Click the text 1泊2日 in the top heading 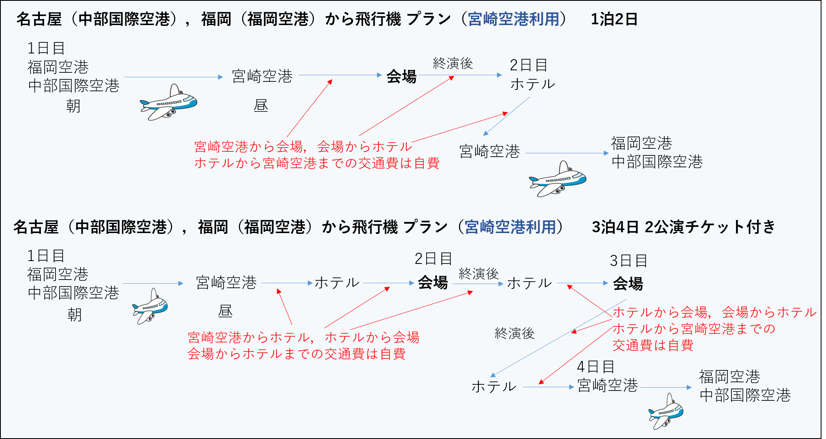coord(614,19)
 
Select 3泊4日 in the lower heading coord(615,227)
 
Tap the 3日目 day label coord(628,261)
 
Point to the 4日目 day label coord(595,366)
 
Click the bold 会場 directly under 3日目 coord(628,284)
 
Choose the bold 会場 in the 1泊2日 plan coord(401,76)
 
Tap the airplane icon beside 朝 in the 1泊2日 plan coord(169,103)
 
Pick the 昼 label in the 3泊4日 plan coord(225,311)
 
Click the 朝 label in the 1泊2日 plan coord(73,106)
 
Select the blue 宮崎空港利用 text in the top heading coord(513,19)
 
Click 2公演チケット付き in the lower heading coord(710,227)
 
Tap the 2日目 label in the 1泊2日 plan coord(528,65)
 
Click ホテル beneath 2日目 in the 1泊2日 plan coord(533,84)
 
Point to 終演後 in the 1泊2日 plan coord(453,63)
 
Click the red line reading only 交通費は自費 coord(653,345)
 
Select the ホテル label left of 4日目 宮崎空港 coord(494,386)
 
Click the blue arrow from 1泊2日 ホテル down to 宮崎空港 coord(507,116)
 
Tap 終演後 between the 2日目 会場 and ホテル coord(478,273)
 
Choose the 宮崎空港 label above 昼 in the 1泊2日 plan coord(262,76)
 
